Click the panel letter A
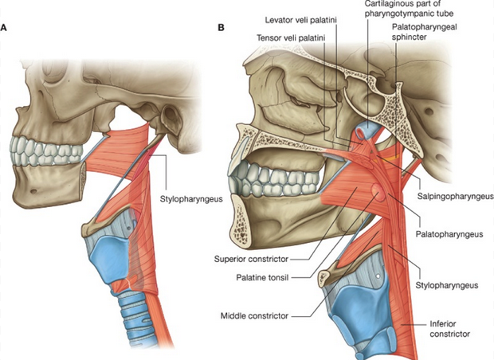click(x=6, y=29)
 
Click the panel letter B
click(x=221, y=29)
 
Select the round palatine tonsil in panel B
click(x=375, y=192)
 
